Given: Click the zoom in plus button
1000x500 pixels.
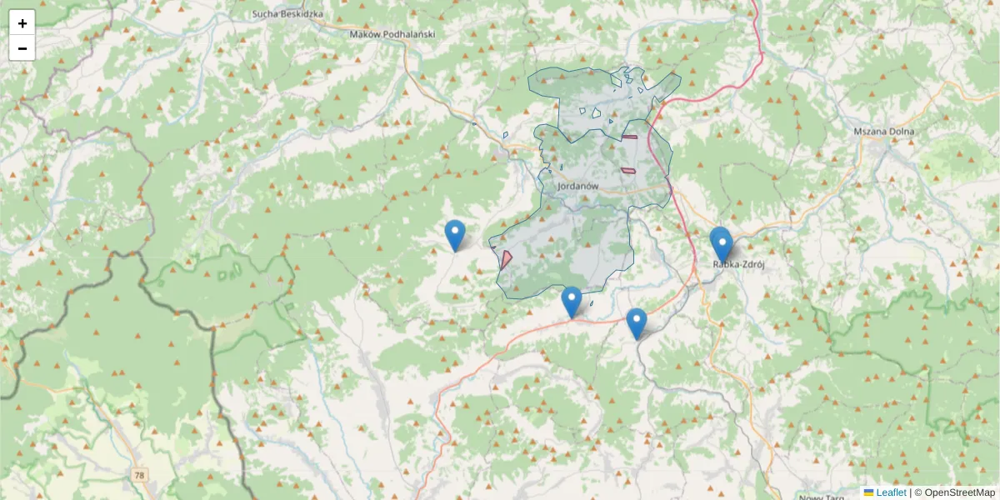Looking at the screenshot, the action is tap(22, 22).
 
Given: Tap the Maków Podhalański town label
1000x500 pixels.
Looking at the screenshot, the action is tap(393, 34).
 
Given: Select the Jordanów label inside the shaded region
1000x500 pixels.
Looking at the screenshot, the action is tap(579, 186).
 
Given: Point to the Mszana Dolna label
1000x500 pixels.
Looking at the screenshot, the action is tap(884, 132).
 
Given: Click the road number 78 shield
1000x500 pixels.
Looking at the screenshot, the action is tap(138, 474).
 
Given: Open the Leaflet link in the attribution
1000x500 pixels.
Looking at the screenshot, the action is tap(891, 492).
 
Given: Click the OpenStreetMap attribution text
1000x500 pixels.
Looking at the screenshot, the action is tap(954, 492).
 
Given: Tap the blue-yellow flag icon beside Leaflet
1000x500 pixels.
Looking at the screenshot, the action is tap(868, 492).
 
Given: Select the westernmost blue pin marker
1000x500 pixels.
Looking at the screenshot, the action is tap(455, 235).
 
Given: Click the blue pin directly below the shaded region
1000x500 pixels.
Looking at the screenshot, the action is tap(571, 302).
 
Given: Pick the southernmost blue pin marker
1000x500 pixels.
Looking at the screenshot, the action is tap(636, 323).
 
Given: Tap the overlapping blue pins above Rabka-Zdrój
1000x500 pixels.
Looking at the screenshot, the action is tap(721, 243).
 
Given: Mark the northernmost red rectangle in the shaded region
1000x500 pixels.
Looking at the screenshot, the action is tap(629, 137).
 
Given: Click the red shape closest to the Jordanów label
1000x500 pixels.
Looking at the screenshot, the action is tap(627, 170).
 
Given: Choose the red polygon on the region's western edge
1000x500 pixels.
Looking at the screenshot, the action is tap(506, 258).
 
